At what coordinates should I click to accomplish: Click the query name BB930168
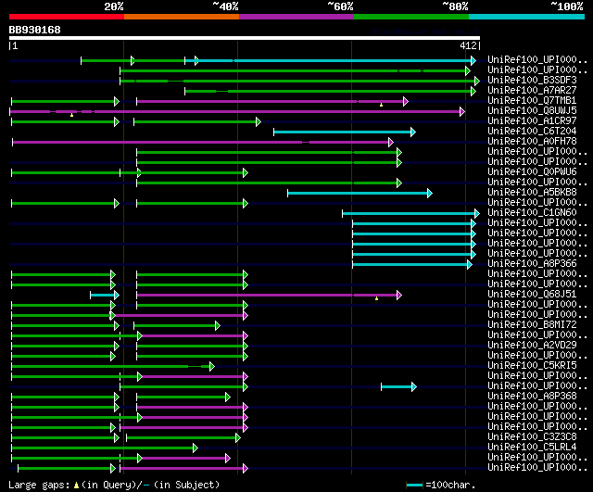coord(35,30)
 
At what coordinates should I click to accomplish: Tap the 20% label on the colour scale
coord(114,6)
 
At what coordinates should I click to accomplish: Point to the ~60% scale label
coord(340,6)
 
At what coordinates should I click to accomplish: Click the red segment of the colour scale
coord(66,16)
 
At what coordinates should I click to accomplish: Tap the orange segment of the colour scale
coord(181,16)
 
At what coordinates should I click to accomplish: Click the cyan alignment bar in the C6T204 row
coord(344,132)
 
